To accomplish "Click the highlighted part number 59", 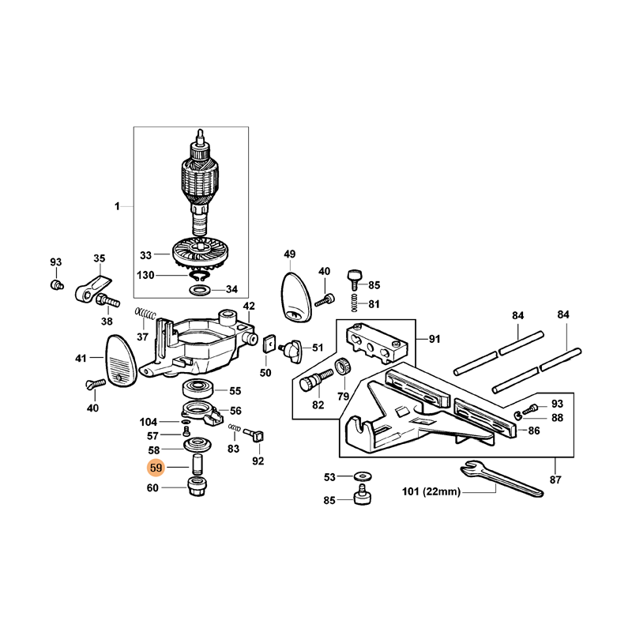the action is (x=156, y=468).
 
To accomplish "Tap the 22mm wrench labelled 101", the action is (x=502, y=479).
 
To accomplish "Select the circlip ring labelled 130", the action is (x=197, y=276).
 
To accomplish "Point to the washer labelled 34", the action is (x=200, y=289).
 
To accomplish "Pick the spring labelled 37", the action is (x=145, y=313).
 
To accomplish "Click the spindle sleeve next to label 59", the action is (x=197, y=465).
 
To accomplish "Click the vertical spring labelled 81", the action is (x=354, y=303).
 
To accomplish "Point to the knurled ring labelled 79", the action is (x=343, y=367).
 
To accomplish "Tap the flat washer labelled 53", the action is (x=363, y=477).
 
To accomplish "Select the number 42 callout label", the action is (x=249, y=306).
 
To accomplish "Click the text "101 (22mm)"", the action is (x=431, y=491).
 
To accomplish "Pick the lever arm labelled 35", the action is (x=93, y=288).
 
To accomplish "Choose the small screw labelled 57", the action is (x=186, y=432).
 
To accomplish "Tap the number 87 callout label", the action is (x=555, y=480).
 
